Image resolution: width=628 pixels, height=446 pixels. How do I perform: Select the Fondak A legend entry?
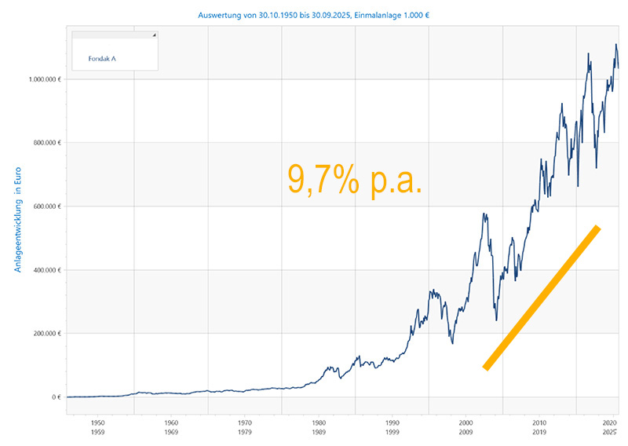pos(102,58)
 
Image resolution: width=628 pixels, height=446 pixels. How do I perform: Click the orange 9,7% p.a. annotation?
pos(355,179)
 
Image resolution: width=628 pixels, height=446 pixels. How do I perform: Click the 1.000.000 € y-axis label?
pos(45,79)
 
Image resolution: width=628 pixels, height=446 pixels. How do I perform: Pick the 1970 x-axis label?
pos(244,422)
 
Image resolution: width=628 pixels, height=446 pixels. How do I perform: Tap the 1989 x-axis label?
pos(318,432)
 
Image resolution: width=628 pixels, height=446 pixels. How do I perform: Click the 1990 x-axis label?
pos(391,422)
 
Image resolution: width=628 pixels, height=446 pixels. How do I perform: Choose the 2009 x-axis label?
pos(465,432)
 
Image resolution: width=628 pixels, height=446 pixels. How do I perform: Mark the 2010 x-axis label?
pos(539,422)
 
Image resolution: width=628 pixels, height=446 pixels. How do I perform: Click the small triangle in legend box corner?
pos(154,35)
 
